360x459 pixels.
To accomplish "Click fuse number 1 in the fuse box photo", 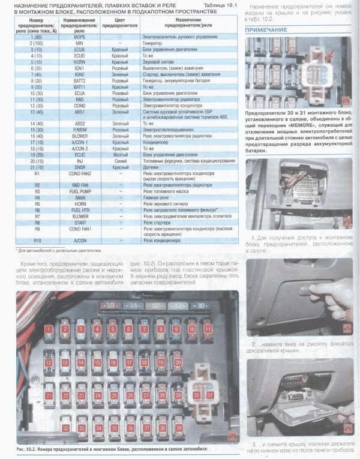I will (x=48, y=329).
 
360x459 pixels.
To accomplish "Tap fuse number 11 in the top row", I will (x=208, y=329).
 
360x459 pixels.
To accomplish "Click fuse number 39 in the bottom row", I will (x=178, y=428).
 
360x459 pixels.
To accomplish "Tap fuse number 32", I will (x=65, y=428).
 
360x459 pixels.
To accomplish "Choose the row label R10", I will (x=37, y=240).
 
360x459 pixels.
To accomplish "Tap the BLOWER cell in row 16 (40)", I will (x=80, y=136).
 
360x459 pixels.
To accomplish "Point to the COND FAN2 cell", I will (x=80, y=173).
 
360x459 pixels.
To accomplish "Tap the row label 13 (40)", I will (x=37, y=111).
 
